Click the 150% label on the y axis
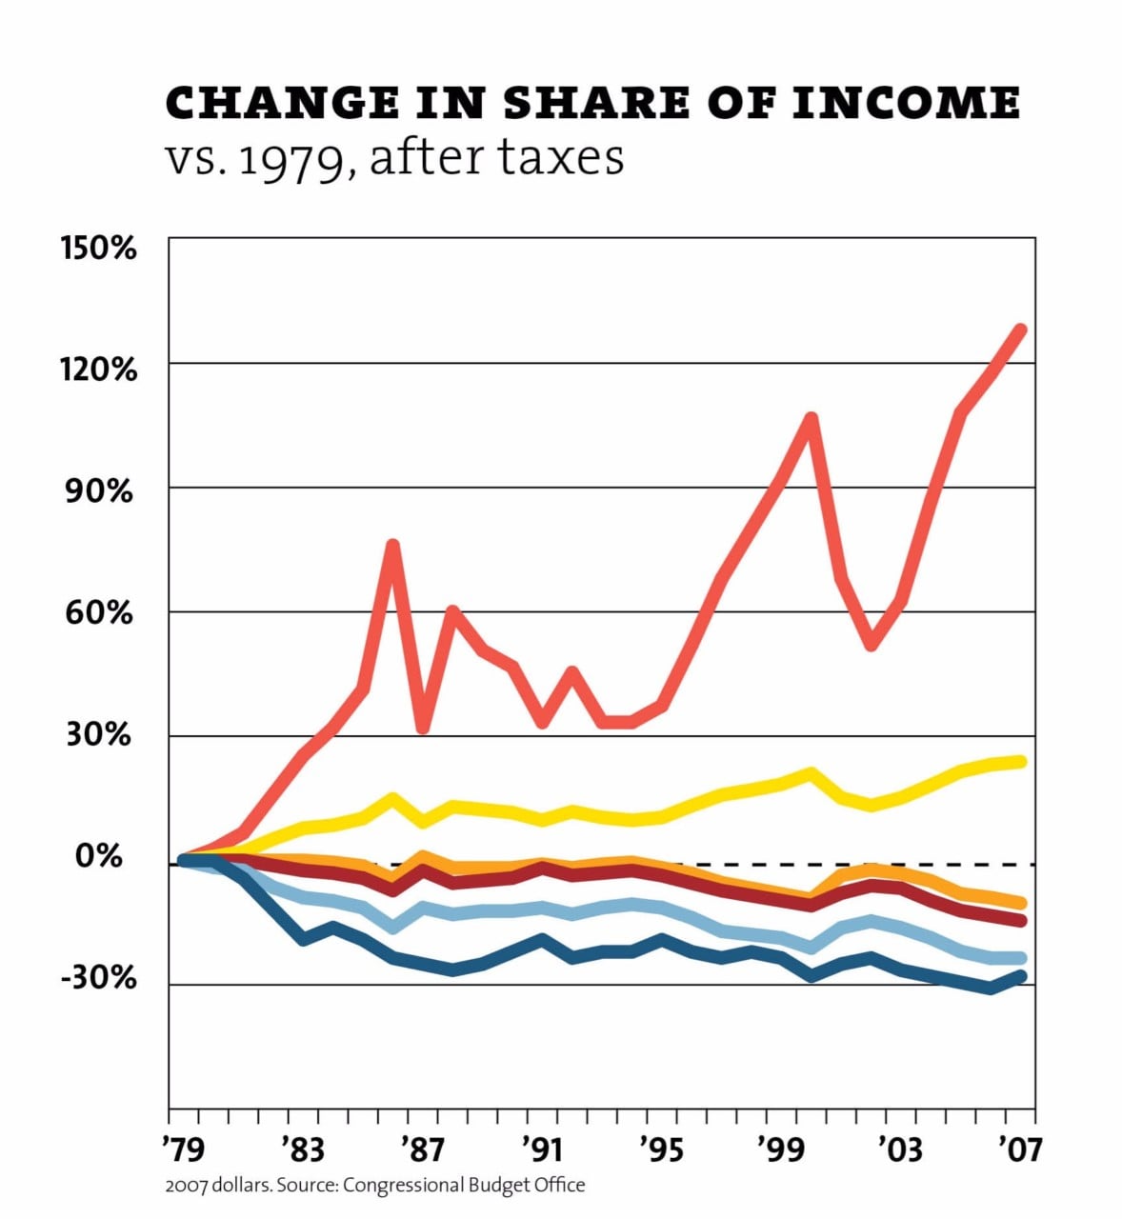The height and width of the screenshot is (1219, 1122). coord(98,249)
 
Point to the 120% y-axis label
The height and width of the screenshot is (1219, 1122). coord(98,369)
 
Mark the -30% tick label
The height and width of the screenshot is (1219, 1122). coord(98,978)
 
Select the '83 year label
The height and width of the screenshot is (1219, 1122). coord(302,1149)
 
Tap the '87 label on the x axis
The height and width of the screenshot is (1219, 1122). coord(421,1149)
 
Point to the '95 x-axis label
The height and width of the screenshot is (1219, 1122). coord(659,1149)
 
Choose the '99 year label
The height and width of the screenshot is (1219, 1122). coord(779,1149)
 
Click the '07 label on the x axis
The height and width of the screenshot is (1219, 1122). coord(1017,1149)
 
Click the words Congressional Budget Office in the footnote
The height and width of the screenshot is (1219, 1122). coord(463,1186)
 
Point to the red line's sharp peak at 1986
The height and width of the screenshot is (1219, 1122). coord(392,545)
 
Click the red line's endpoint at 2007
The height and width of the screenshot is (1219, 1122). coord(1020,330)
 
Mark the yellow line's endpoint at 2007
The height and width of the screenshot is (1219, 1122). coord(1021,761)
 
